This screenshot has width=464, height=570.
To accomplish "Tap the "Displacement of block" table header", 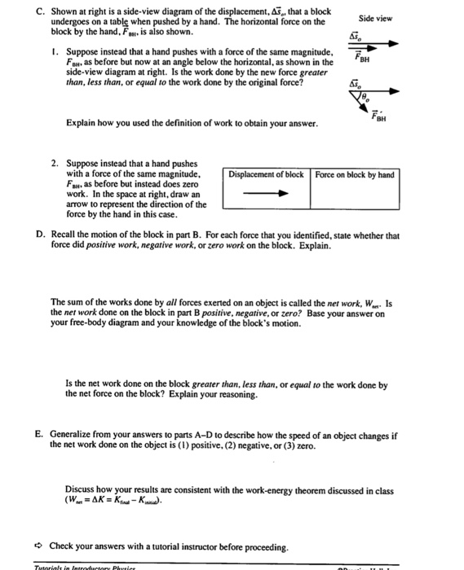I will click(266, 175).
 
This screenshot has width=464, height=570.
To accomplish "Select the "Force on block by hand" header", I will click(355, 175).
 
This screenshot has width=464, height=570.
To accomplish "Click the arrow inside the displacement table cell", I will click(266, 195).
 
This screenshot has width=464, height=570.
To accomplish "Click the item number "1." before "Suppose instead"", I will click(53, 53).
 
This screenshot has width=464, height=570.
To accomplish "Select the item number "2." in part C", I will click(53, 163).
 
